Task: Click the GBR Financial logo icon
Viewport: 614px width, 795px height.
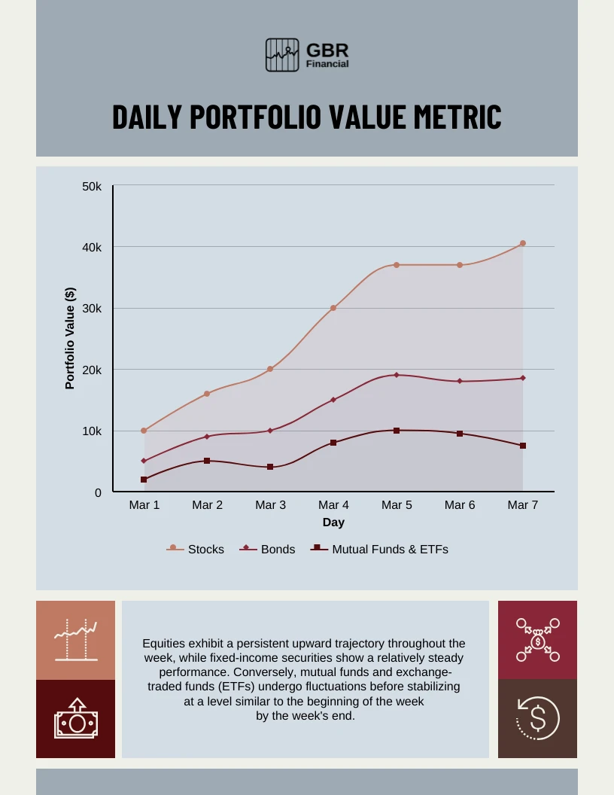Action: (282, 55)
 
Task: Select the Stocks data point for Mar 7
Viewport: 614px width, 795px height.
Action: (523, 243)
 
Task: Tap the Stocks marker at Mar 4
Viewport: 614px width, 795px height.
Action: (333, 308)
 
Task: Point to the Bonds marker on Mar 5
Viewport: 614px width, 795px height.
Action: (397, 375)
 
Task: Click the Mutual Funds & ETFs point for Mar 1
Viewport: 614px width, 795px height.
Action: (144, 480)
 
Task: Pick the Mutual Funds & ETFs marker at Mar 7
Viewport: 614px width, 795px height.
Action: (523, 446)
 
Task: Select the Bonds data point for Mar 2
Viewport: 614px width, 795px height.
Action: (207, 437)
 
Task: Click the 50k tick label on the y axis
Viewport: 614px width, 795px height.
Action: (92, 186)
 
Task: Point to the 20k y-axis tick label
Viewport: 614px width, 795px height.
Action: (92, 370)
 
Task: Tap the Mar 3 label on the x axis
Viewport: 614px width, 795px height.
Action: (270, 505)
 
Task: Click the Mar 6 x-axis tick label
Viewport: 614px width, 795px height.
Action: (460, 505)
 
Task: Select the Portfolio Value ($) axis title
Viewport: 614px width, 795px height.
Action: (70, 338)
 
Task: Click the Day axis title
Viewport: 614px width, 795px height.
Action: (333, 522)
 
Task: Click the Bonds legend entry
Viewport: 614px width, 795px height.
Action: (268, 550)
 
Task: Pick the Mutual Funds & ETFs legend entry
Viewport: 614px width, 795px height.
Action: (380, 550)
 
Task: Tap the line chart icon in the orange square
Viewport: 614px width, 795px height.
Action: (75, 640)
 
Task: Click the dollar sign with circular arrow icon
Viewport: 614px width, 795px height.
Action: (537, 718)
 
